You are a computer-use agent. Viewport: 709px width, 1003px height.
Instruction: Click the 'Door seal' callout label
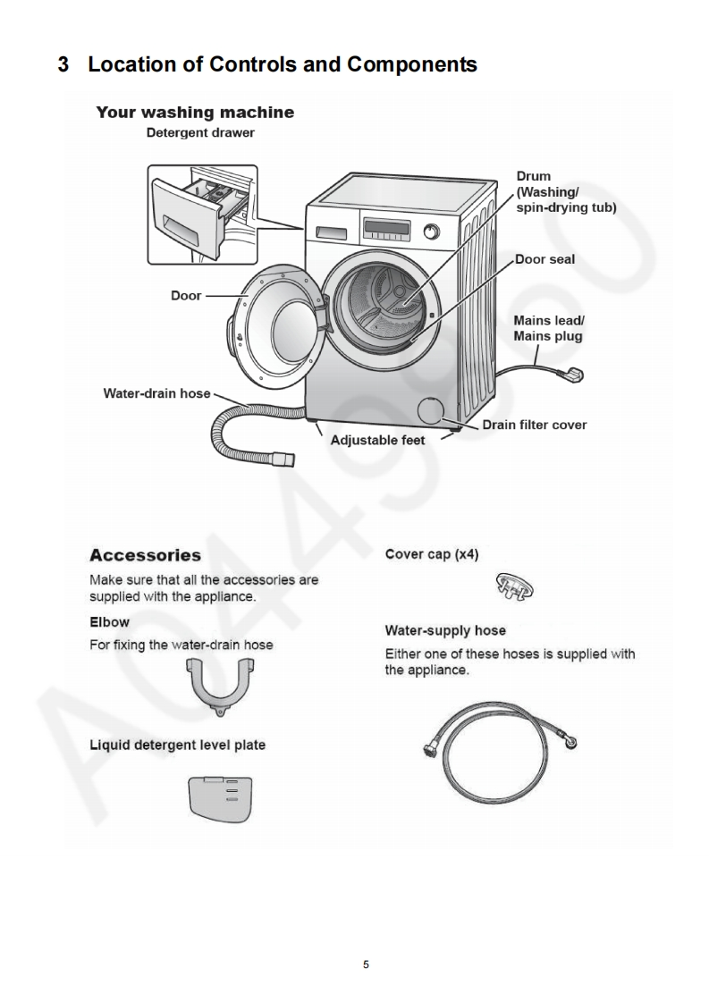tap(544, 259)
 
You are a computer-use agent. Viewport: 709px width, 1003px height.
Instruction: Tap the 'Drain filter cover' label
tap(534, 425)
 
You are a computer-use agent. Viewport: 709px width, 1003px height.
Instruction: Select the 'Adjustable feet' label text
tap(377, 440)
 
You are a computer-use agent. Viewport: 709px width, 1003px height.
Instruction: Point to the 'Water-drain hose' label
tap(156, 392)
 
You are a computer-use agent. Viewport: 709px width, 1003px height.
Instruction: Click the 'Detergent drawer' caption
tap(200, 132)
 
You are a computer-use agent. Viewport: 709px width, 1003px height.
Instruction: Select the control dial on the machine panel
tap(432, 232)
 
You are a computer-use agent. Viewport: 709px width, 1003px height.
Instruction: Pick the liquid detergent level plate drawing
tap(220, 797)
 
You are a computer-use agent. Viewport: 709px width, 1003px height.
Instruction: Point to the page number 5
tap(366, 965)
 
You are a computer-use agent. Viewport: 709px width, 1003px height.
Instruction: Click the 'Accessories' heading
tap(145, 555)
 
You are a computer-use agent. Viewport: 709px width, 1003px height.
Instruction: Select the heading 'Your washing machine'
tap(195, 113)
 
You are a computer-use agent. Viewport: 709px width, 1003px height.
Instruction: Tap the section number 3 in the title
tap(63, 64)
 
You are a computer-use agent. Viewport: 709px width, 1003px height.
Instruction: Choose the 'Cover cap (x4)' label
tap(431, 554)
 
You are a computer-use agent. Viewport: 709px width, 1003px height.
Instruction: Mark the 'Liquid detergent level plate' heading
tap(177, 745)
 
